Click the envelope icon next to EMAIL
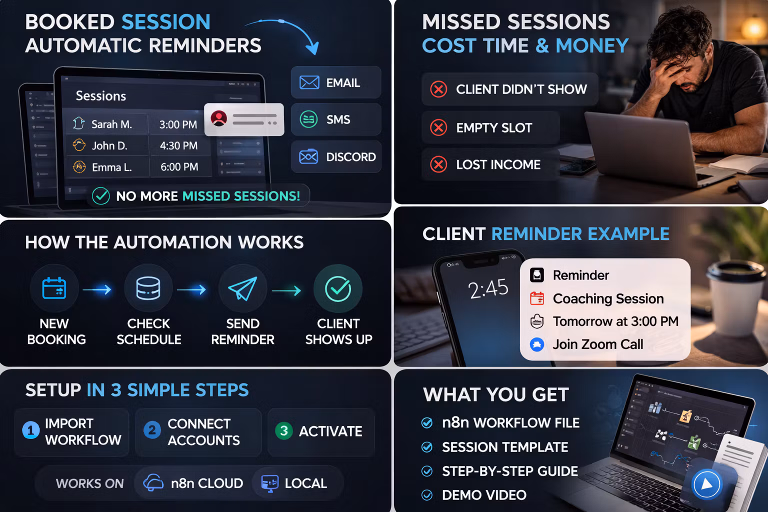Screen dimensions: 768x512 [309, 82]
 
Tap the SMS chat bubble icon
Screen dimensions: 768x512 [308, 119]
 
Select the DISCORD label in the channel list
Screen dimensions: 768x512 [351, 156]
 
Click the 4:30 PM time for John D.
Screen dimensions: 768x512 [178, 145]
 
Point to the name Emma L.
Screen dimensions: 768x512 [112, 167]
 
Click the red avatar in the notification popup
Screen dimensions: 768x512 [219, 118]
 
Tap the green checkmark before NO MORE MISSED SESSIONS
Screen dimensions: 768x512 [101, 196]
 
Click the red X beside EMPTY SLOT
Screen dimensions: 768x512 [438, 127]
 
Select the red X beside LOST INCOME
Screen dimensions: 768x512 [438, 164]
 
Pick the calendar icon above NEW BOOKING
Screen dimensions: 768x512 [54, 288]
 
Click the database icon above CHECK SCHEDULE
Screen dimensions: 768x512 [148, 288]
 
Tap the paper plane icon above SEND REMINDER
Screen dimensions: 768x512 [242, 288]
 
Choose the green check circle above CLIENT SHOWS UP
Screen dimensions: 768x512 [338, 289]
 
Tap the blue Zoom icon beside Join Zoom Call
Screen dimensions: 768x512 [537, 344]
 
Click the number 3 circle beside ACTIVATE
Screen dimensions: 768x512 [284, 430]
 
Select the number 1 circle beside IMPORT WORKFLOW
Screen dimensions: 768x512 [31, 430]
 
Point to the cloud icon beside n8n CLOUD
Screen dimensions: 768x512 [153, 483]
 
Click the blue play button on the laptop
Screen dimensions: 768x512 [706, 484]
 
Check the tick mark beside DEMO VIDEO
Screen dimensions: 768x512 [427, 495]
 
